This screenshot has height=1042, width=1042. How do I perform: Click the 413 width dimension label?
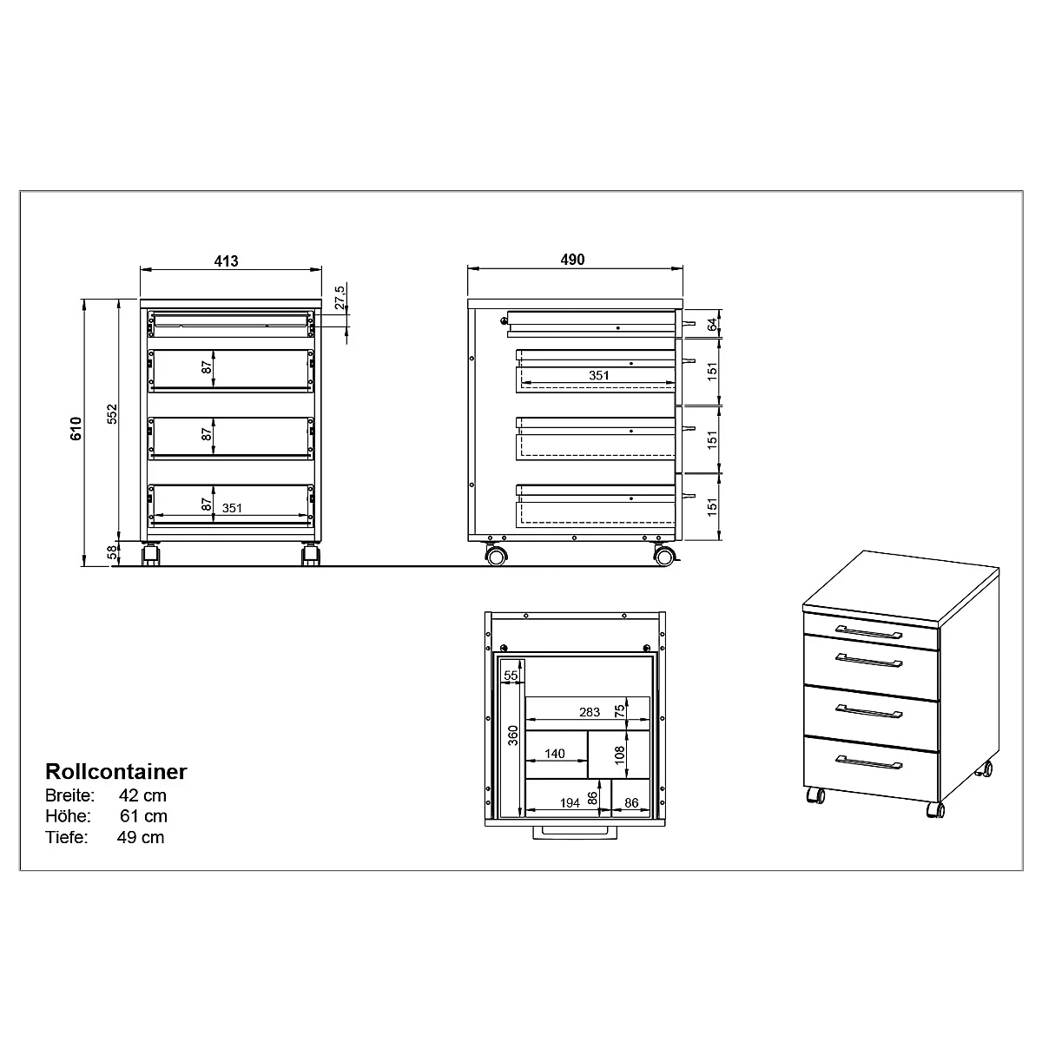point(226,260)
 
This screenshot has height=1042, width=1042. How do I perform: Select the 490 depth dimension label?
point(573,260)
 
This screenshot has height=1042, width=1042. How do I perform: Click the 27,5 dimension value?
point(340,297)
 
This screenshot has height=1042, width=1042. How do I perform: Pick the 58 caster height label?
point(112,554)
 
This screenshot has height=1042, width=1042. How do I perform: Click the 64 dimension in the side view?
point(712,324)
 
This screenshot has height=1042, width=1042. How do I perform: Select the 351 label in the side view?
point(598,375)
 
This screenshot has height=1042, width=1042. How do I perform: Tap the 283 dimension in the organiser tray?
point(590,712)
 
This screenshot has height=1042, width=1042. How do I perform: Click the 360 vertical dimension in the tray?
point(512,737)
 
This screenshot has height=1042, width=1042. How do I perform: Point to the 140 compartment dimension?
point(556,754)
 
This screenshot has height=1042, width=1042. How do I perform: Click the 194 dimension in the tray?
point(570,803)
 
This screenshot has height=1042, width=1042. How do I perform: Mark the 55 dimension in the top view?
point(511,675)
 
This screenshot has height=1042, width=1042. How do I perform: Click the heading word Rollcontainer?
point(115,771)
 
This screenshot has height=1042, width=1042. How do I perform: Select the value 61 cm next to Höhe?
point(144,816)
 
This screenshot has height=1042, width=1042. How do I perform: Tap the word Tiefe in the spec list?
point(66,837)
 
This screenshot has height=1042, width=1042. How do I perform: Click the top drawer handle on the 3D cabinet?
point(868,630)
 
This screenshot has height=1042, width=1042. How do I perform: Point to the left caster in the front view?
point(150,555)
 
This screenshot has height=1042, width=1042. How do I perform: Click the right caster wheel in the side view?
point(664,556)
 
